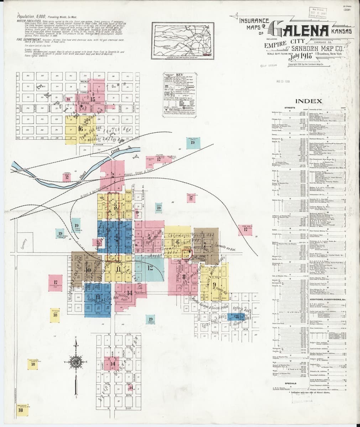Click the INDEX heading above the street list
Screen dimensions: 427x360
tap(311, 101)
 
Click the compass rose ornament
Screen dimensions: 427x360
tap(77, 362)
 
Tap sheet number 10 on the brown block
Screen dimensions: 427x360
tap(88, 270)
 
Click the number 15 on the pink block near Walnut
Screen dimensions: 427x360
tap(93, 99)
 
